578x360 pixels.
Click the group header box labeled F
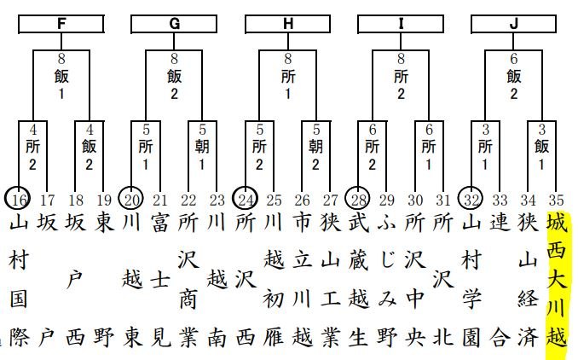(61, 23)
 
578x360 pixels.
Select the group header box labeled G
(174, 23)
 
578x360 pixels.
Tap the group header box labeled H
(287, 23)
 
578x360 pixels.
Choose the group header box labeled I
(401, 23)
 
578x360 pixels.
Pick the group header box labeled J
(513, 23)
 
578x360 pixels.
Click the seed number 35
(556, 200)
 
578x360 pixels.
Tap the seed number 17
(48, 200)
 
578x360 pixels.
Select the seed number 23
(217, 200)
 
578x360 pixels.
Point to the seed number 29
(387, 200)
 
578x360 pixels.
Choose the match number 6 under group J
(513, 60)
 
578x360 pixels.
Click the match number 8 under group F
(61, 60)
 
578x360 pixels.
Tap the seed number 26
(302, 200)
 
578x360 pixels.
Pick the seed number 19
(104, 200)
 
